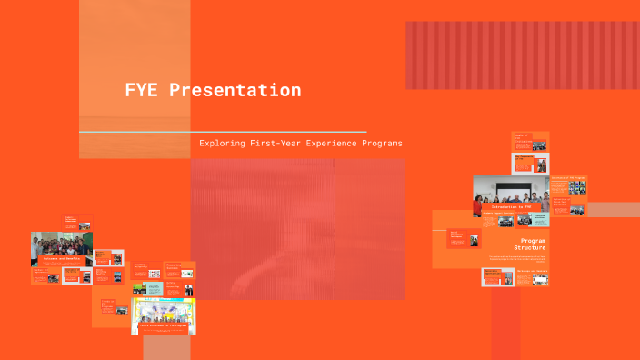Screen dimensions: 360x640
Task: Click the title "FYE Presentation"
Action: click(213, 91)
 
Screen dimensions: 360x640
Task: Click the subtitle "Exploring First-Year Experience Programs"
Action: click(300, 144)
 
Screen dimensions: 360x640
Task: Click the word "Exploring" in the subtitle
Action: click(221, 144)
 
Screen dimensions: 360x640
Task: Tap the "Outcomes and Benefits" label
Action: click(61, 259)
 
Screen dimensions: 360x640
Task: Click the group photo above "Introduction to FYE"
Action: click(510, 191)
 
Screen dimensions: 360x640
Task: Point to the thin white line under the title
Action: click(223, 133)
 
